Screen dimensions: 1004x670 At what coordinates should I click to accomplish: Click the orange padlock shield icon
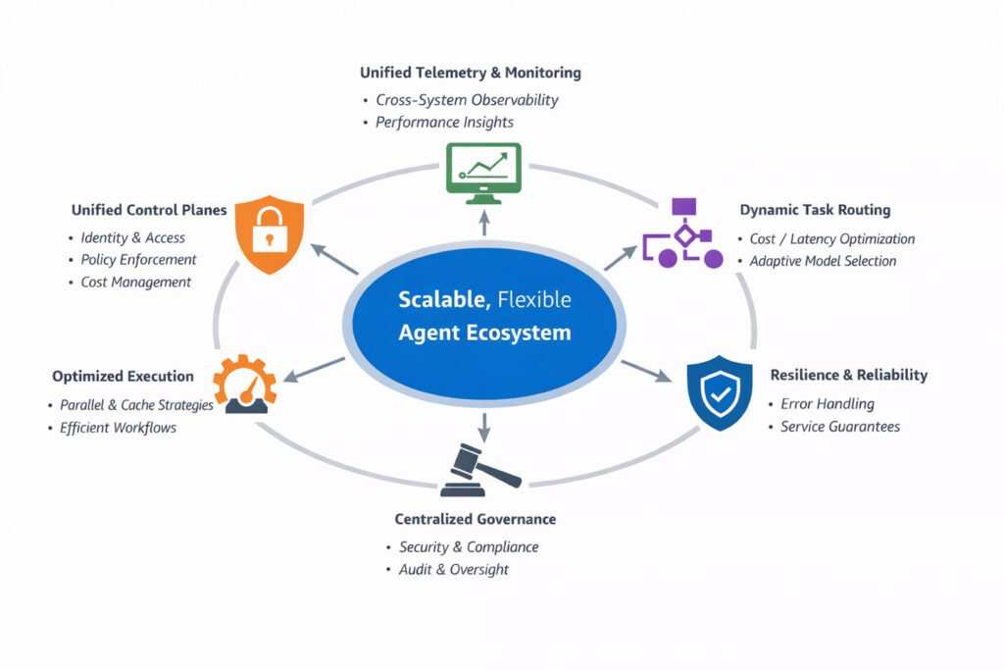click(x=269, y=233)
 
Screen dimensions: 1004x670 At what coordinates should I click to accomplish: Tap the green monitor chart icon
click(x=483, y=173)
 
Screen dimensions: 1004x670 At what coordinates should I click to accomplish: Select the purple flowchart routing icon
click(x=683, y=233)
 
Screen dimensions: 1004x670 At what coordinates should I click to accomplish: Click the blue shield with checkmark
click(x=719, y=392)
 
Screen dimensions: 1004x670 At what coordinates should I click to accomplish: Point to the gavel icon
click(x=480, y=470)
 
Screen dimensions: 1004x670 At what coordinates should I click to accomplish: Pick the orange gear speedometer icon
click(x=244, y=384)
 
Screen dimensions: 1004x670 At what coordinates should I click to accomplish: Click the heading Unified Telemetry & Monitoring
click(x=471, y=73)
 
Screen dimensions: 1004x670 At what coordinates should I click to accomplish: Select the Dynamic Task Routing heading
click(x=815, y=210)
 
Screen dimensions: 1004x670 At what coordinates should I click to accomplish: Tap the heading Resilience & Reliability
click(x=849, y=375)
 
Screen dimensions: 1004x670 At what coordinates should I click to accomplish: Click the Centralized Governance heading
click(x=476, y=519)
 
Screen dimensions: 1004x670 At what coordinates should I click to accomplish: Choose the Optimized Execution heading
click(x=123, y=377)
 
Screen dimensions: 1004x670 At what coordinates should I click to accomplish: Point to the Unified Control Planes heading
click(x=149, y=210)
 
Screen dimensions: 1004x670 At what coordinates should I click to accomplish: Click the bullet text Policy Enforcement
click(x=138, y=259)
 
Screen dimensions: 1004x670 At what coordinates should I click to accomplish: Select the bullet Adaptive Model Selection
click(x=823, y=261)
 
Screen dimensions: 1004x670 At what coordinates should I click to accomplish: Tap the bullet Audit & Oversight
click(x=453, y=569)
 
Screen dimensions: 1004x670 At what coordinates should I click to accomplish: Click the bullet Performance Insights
click(x=444, y=123)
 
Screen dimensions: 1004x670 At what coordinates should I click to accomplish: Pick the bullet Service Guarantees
click(x=840, y=427)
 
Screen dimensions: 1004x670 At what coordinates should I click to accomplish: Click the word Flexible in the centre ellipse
click(x=534, y=299)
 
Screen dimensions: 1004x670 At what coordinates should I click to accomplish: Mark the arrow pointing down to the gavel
click(x=484, y=428)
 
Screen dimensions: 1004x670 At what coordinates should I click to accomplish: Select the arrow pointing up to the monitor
click(x=484, y=223)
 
